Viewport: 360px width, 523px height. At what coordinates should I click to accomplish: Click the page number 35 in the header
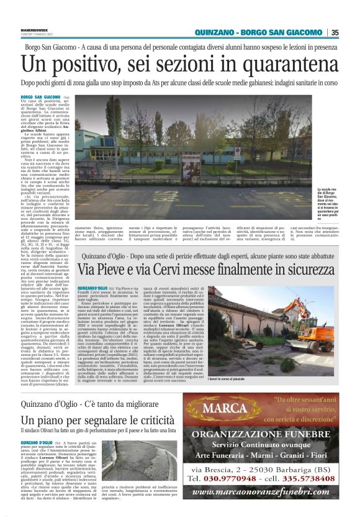pyautogui.click(x=335, y=33)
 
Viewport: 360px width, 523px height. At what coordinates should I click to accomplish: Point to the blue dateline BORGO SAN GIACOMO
pyautogui.click(x=40, y=98)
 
